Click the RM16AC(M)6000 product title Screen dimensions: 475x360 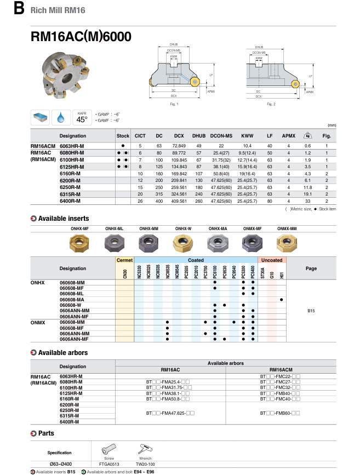coord(81,37)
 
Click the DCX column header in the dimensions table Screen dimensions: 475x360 coord(179,136)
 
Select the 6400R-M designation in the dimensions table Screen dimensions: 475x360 coord(70,201)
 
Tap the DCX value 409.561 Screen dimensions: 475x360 coord(179,201)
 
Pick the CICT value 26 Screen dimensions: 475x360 coord(140,201)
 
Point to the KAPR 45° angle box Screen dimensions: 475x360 coord(82,117)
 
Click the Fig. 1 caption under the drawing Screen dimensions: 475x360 coord(174,104)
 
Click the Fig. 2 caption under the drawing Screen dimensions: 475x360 coord(271,104)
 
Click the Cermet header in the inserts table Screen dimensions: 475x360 coord(125,260)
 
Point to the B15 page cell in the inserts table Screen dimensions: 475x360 coord(311,311)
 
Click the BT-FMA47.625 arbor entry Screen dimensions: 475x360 coord(168,411)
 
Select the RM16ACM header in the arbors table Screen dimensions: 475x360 coord(281,369)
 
